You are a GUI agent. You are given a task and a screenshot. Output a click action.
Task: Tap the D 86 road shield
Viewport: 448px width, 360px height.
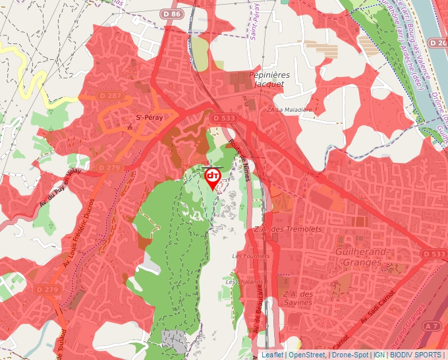click(171, 14)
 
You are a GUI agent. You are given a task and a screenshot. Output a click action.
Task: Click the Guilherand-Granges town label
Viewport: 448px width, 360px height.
click(359, 257)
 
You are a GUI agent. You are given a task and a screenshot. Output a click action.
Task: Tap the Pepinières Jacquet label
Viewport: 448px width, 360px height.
click(268, 80)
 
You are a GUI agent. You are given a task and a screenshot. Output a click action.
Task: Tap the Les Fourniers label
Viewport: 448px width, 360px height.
click(251, 255)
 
